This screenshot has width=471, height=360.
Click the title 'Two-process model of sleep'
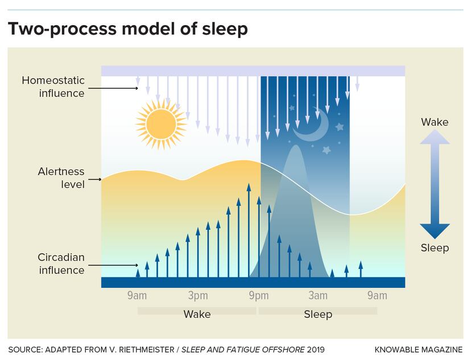coord(127,29)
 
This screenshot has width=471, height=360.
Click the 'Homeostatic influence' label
coord(53,86)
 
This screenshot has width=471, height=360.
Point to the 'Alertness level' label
coord(61,177)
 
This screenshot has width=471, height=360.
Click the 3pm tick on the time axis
coord(198,295)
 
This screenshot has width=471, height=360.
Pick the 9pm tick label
coord(259,295)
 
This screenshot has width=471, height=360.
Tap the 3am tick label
coord(318,295)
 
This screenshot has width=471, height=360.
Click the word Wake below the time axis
coord(197,314)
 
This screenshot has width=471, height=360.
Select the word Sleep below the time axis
coord(318,314)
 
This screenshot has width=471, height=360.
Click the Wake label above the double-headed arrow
coord(435,122)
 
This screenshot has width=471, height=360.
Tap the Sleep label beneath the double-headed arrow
coord(435,247)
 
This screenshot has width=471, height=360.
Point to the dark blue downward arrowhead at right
coord(435,230)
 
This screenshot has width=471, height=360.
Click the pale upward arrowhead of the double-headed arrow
coord(435,138)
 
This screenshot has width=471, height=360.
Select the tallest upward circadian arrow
coord(249,227)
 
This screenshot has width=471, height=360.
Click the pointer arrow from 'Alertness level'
coord(94,179)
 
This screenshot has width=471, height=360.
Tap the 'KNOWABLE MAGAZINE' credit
coord(419,349)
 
